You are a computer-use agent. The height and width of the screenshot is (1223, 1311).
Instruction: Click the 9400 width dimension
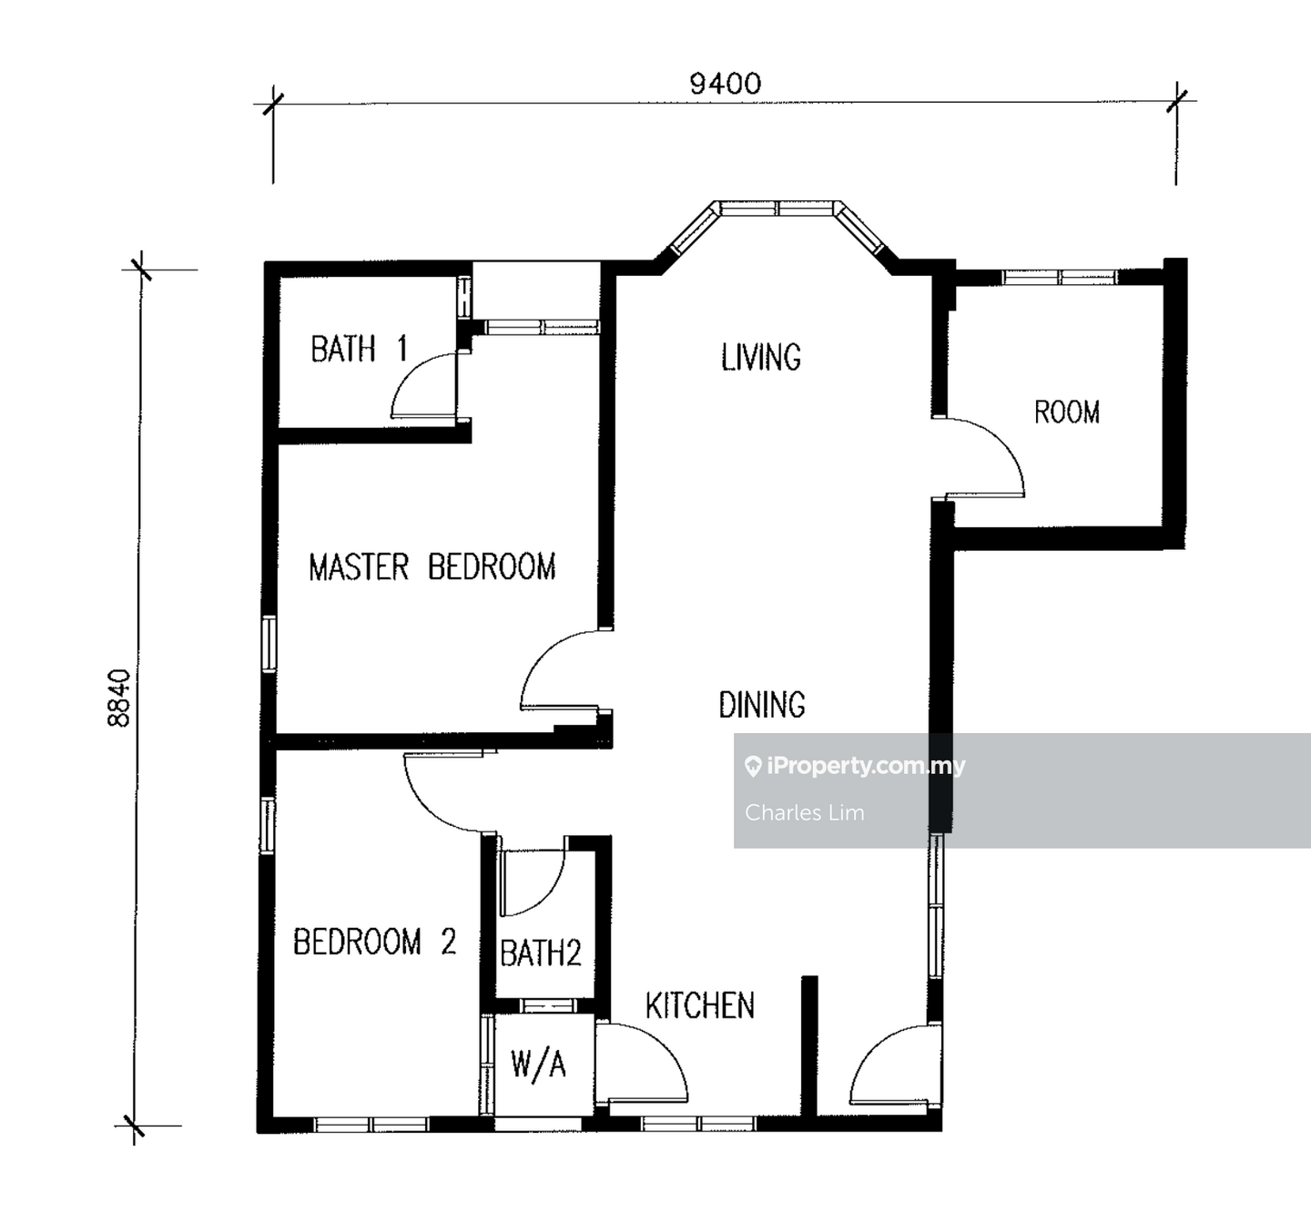point(725,84)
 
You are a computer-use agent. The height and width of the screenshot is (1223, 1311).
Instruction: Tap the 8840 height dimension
point(119,698)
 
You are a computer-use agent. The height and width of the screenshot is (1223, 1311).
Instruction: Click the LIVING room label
point(761,357)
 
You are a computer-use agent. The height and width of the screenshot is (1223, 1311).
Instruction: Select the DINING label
point(762,705)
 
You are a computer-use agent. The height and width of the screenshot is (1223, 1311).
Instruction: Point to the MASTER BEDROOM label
point(432,567)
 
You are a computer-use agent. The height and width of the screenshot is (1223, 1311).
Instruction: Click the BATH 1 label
point(359,349)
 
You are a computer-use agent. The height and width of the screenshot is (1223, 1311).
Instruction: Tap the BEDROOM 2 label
point(374,942)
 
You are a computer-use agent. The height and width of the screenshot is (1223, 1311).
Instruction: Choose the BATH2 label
point(541,953)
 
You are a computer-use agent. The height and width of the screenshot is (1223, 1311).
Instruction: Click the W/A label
point(538,1065)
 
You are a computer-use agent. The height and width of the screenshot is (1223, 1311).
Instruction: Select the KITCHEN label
point(700,1005)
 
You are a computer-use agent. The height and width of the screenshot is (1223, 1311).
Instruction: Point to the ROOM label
point(1067,413)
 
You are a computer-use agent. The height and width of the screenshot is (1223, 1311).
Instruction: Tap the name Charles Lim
point(805,813)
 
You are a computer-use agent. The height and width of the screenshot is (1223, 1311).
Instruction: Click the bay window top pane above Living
point(777,209)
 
